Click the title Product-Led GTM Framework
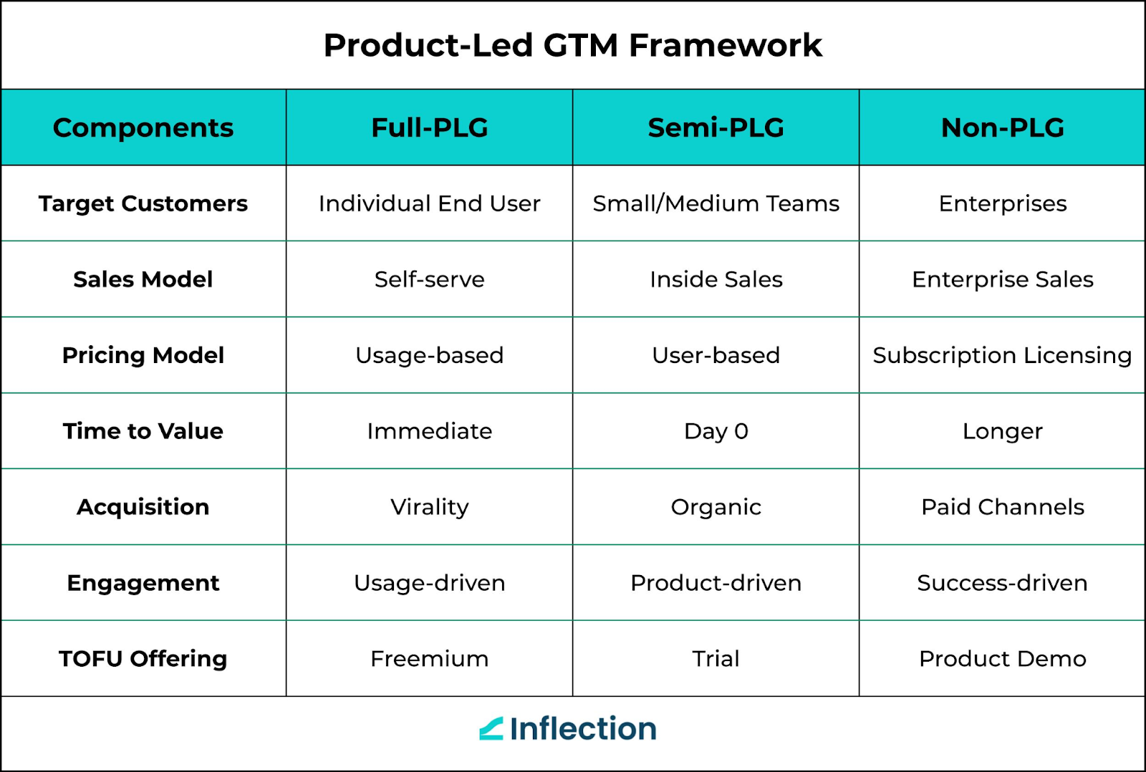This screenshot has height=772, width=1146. click(x=572, y=45)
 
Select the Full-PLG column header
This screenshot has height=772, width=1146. click(x=430, y=127)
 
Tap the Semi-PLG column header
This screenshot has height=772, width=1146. click(x=716, y=127)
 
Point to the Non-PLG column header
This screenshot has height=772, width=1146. click(x=1002, y=127)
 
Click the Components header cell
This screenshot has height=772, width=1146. click(x=143, y=127)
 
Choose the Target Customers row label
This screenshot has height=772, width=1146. click(x=143, y=203)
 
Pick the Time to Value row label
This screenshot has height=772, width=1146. click(x=143, y=431)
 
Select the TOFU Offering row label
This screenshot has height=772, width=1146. click(x=143, y=659)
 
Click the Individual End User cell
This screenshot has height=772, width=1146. click(x=430, y=203)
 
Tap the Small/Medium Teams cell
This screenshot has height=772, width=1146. click(x=716, y=203)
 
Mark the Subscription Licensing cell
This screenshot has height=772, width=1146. click(x=1002, y=355)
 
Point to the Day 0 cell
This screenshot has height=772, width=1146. click(x=716, y=431)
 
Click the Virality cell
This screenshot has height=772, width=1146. click(x=430, y=507)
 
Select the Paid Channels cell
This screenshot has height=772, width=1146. click(x=1002, y=507)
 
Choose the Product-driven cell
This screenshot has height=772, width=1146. click(x=716, y=583)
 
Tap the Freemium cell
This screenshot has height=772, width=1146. click(x=430, y=659)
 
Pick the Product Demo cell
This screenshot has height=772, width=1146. click(x=1002, y=659)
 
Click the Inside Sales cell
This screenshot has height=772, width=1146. click(x=716, y=279)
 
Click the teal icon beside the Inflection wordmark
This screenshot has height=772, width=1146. click(x=491, y=729)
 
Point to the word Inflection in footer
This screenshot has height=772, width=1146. click(x=583, y=729)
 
